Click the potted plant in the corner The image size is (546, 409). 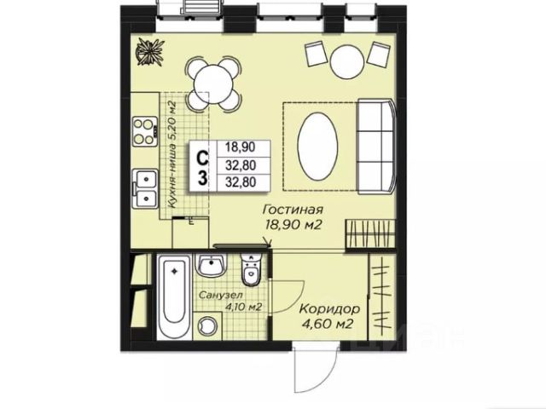150,51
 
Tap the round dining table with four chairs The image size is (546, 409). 213,84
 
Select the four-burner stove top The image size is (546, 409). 144,131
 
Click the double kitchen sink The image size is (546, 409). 144,188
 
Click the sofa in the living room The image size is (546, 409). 377,146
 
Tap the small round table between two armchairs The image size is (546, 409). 347,62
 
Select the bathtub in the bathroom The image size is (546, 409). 174,297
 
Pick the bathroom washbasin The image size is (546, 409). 212,265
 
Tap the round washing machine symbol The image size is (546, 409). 207,325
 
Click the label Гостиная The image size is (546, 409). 293,210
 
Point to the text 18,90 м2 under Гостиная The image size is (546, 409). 293,225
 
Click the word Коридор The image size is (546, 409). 330,308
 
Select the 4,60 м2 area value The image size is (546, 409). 328,324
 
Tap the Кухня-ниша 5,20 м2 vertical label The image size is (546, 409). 171,154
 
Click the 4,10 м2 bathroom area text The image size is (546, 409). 244,307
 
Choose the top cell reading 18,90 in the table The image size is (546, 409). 241,147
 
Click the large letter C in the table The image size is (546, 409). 203,158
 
